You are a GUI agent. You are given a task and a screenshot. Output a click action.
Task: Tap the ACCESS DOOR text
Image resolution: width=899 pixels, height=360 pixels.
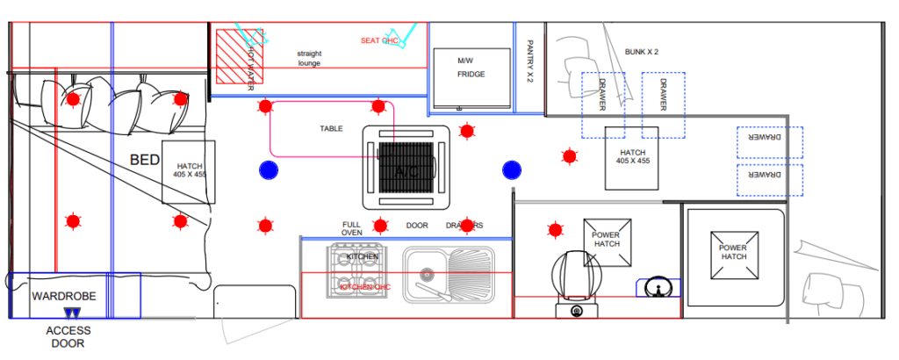click(x=68, y=337)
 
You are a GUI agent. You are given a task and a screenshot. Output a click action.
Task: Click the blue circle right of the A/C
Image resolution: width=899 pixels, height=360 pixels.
click(x=512, y=169)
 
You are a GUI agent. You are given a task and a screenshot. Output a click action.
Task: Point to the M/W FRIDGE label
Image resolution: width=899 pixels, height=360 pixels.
click(x=471, y=68)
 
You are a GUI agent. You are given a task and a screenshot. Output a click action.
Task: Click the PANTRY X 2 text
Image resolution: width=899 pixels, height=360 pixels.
click(x=530, y=61)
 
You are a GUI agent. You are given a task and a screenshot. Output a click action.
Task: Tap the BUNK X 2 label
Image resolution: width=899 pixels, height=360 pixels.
click(x=642, y=52)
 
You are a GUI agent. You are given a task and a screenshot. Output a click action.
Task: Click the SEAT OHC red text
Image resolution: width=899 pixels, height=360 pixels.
click(x=379, y=40)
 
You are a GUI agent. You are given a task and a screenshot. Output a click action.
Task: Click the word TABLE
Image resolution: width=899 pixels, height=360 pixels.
click(x=331, y=128)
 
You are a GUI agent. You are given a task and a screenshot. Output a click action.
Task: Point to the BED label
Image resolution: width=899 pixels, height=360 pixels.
click(x=145, y=161)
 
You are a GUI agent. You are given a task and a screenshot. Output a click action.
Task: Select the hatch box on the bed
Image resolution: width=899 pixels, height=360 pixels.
click(x=189, y=171)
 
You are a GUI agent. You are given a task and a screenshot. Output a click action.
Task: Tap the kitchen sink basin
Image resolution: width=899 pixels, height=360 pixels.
click(x=424, y=263)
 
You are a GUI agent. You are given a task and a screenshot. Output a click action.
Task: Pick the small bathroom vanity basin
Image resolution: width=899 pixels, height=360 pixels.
click(x=657, y=287)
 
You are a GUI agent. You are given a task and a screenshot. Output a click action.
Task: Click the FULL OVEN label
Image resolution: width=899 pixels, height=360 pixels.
click(x=352, y=230)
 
